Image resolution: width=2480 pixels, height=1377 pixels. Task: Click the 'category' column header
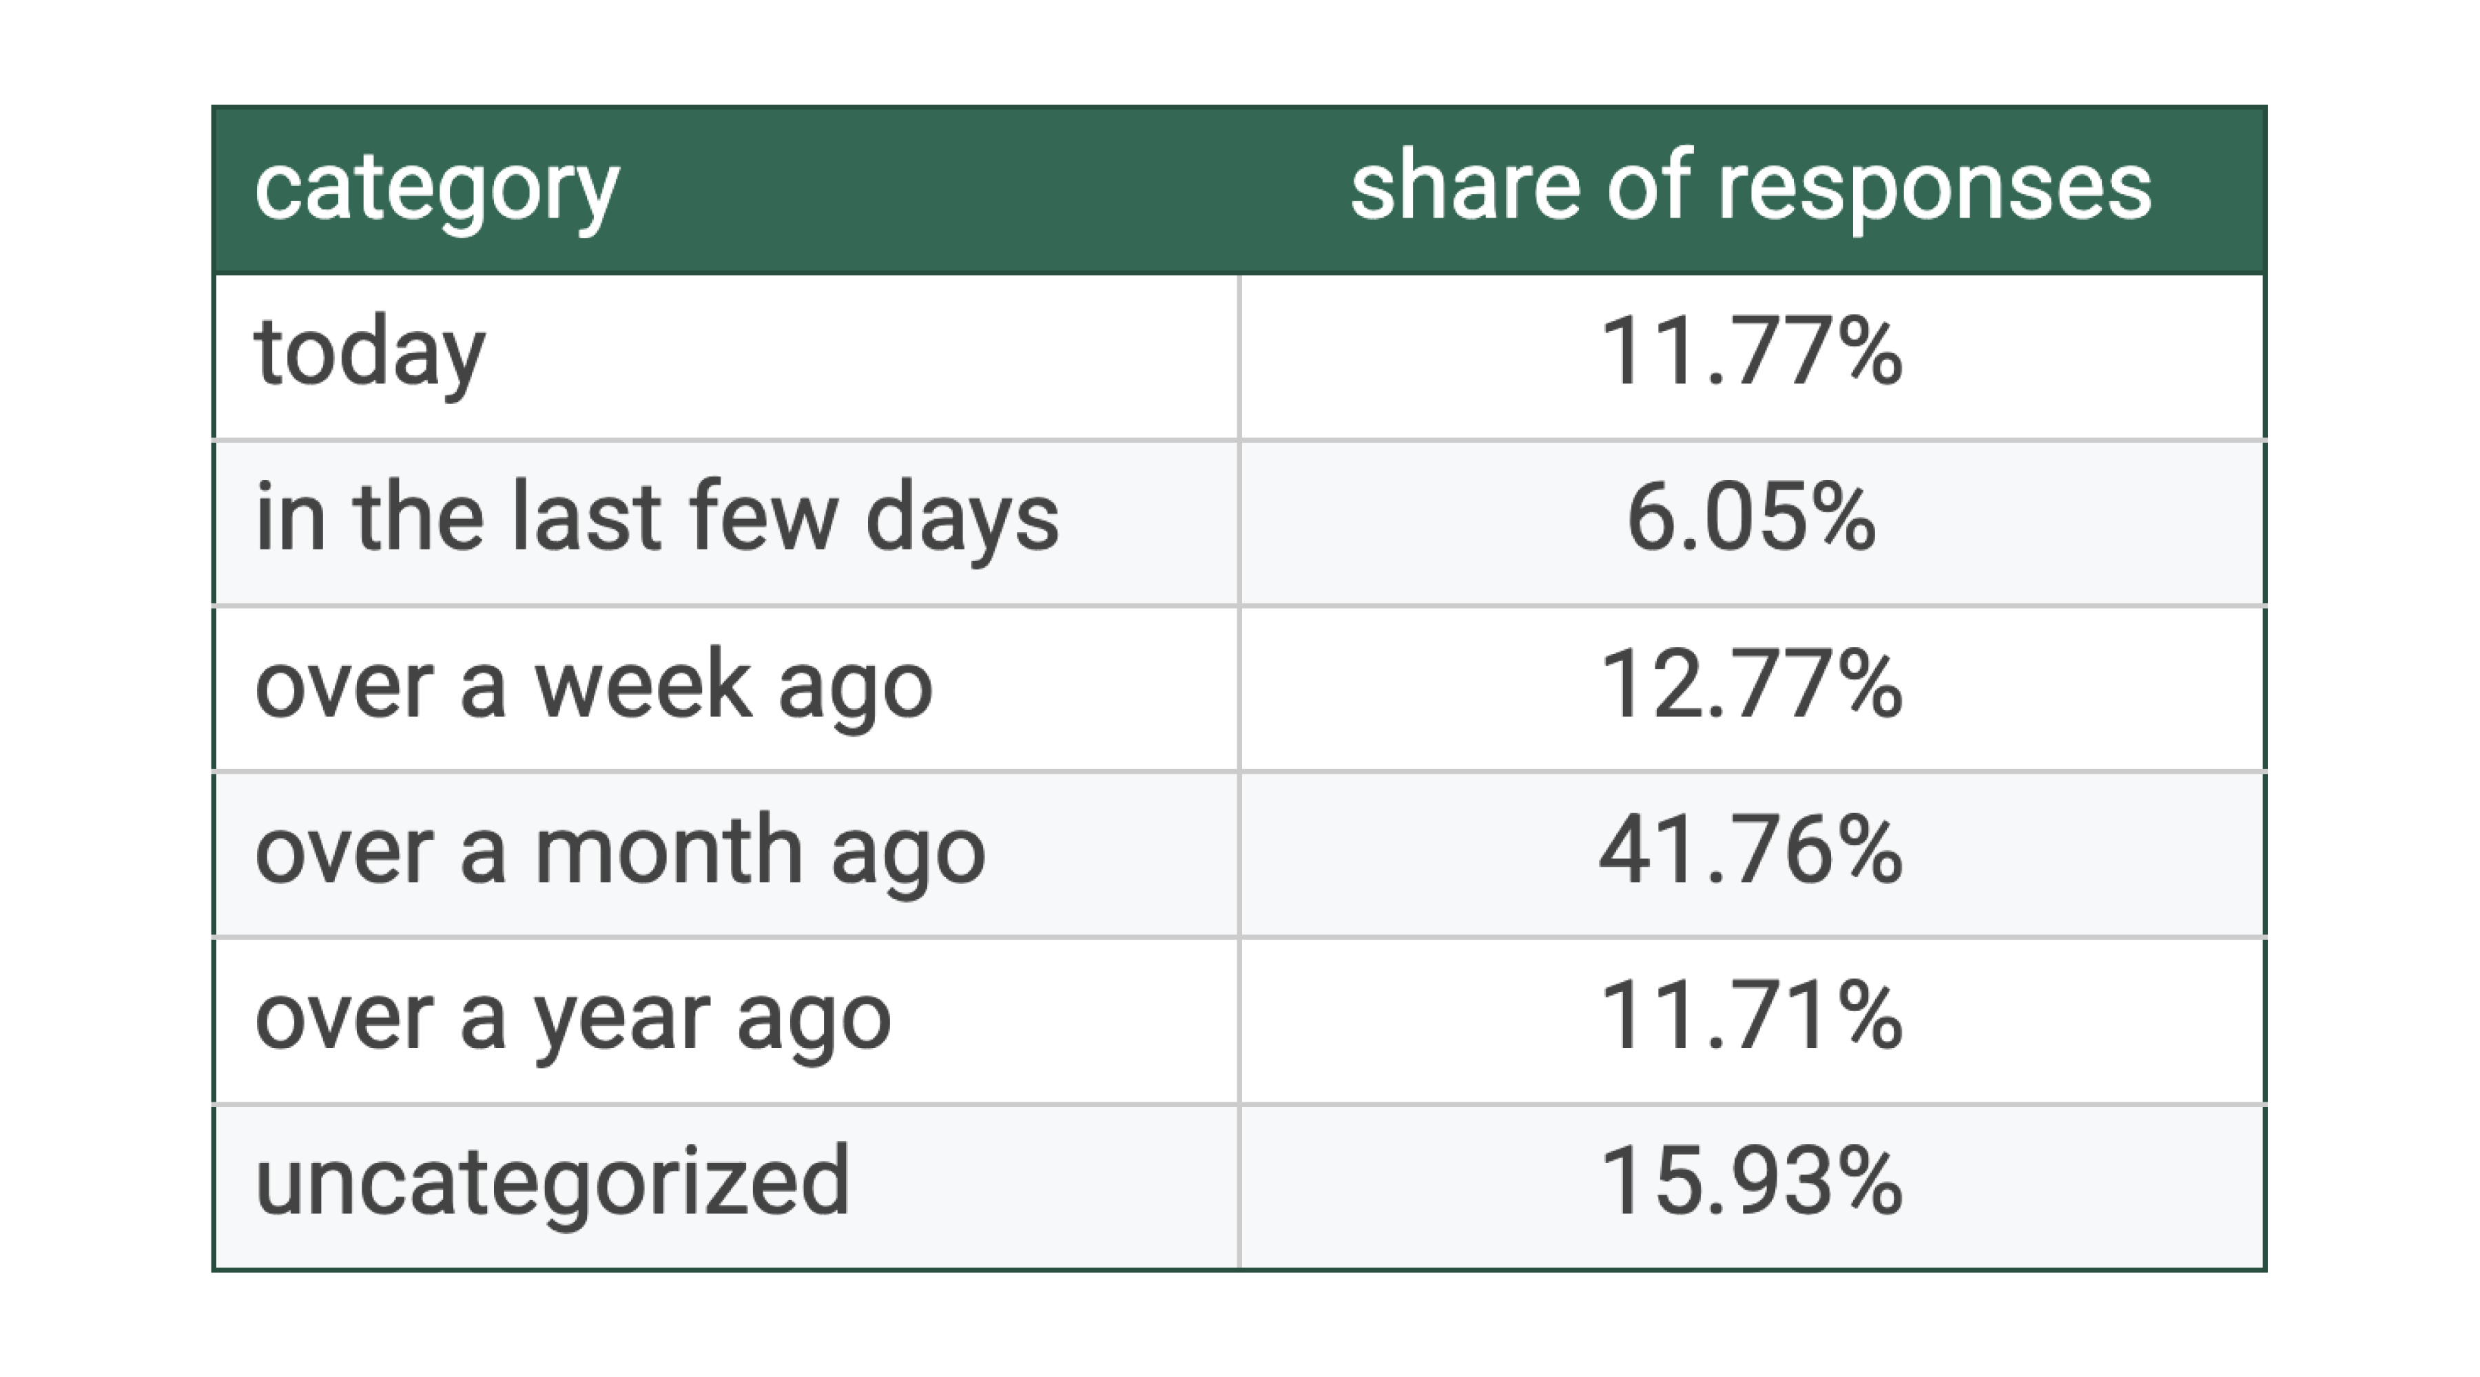[436, 189]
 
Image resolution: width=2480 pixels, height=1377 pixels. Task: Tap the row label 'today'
[370, 354]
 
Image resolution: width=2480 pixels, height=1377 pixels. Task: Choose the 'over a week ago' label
[593, 686]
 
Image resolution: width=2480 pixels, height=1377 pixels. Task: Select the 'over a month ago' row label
[620, 852]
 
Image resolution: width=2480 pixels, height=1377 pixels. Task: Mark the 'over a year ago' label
[573, 1019]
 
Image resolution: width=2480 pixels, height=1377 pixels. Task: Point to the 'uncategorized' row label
[552, 1183]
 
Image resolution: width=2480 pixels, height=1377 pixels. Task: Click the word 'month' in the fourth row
[668, 852]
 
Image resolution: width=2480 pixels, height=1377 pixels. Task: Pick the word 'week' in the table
[642, 686]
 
